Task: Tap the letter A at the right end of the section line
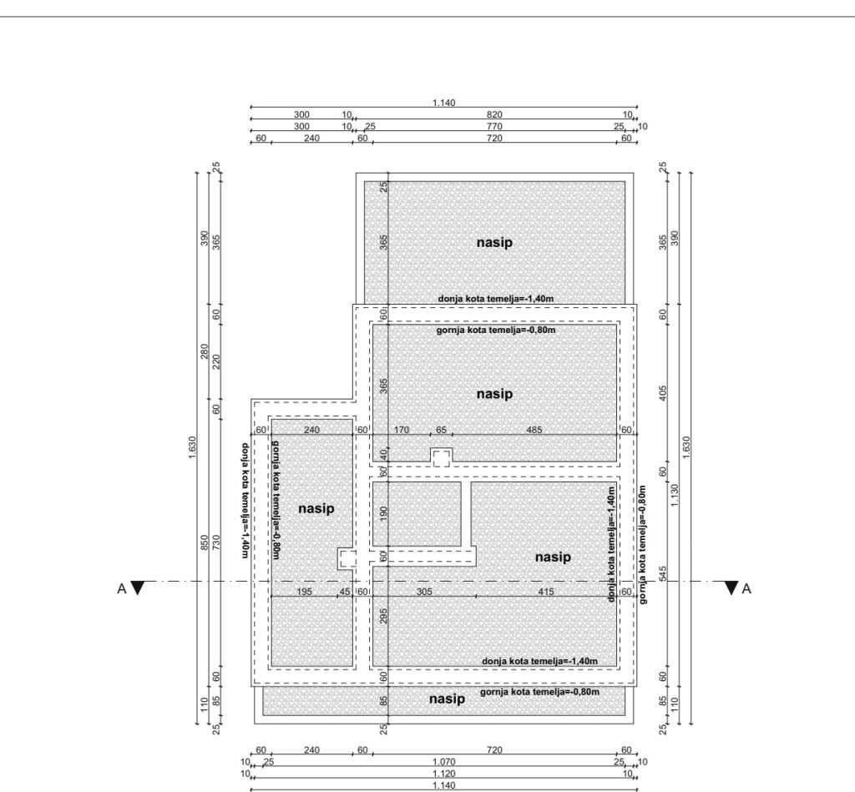tap(746, 588)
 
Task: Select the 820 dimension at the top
tap(494, 114)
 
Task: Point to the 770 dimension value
tap(494, 127)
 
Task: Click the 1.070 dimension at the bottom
tap(443, 762)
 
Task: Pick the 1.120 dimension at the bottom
tap(443, 774)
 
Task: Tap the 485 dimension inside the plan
tap(534, 430)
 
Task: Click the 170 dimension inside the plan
tap(401, 430)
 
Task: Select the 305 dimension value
tap(424, 592)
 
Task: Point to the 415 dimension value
tap(546, 592)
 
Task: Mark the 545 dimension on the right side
tap(663, 573)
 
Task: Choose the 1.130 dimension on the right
tap(675, 495)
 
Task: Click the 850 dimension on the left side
tap(204, 542)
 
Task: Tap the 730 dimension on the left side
tap(216, 542)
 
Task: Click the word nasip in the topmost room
tap(494, 242)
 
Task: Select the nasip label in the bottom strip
tap(448, 699)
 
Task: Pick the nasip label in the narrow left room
tap(316, 508)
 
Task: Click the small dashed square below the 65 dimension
tap(441, 457)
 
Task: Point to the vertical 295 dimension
tap(383, 616)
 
